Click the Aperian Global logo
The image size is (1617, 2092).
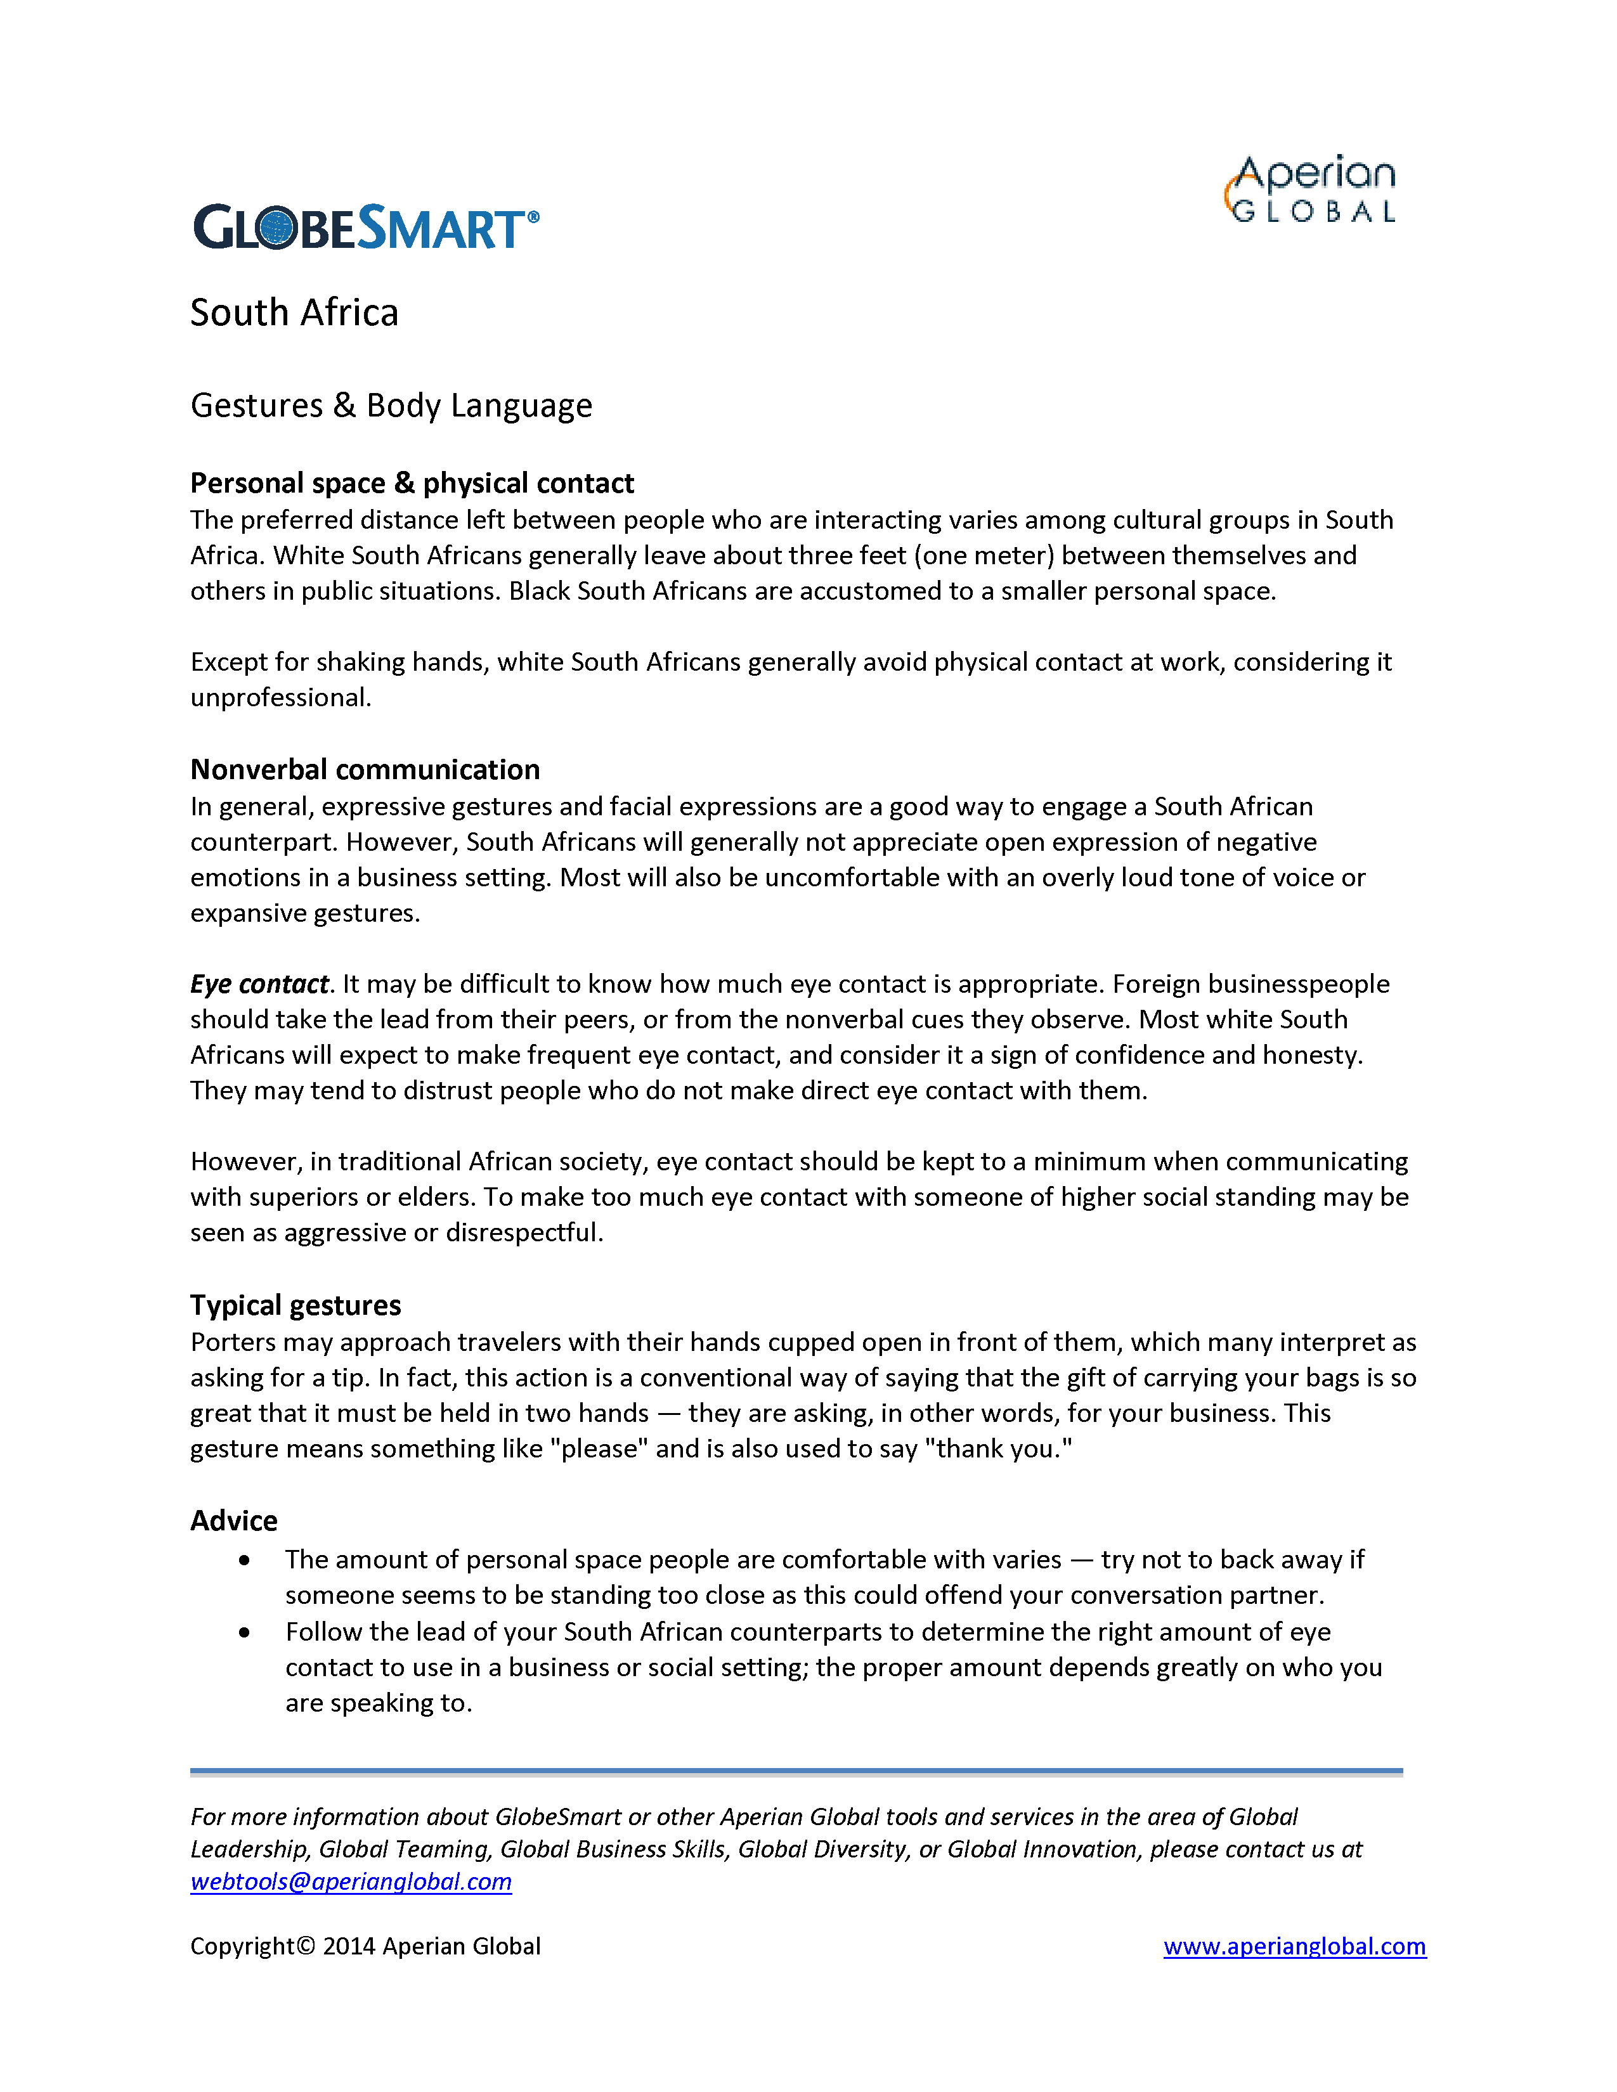(1311, 190)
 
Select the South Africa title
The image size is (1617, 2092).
(294, 313)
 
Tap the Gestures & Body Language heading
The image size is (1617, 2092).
(391, 405)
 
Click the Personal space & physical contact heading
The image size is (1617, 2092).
(412, 483)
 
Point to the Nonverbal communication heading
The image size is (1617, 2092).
(365, 769)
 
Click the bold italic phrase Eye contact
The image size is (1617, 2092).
(259, 984)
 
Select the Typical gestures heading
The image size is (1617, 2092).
(295, 1305)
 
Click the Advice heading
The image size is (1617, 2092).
(234, 1520)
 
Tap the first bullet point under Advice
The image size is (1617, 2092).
(246, 1560)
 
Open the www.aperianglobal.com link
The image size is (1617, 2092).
(1294, 1946)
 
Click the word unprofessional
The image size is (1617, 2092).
(279, 697)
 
